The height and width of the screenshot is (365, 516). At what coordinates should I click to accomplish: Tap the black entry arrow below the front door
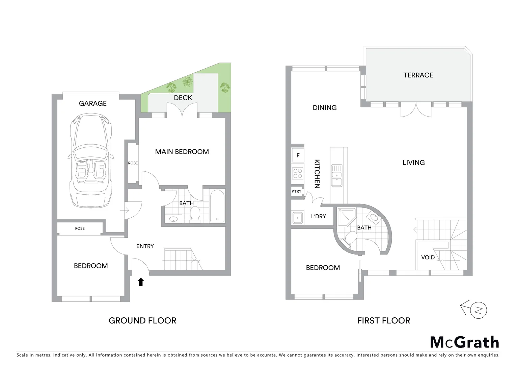(x=141, y=282)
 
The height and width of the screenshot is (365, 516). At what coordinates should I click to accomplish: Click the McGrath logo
(x=464, y=342)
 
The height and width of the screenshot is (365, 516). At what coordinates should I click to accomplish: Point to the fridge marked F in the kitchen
(x=298, y=155)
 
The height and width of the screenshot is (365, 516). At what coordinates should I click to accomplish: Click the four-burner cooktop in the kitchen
(x=298, y=173)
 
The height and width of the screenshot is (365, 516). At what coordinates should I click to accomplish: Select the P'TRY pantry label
(x=296, y=191)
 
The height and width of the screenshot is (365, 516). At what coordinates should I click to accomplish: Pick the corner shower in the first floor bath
(x=345, y=217)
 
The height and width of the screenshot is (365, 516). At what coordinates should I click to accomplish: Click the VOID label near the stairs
(x=428, y=258)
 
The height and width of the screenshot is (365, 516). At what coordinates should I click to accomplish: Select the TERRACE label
(x=418, y=75)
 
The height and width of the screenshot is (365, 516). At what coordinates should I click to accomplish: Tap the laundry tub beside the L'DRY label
(x=297, y=218)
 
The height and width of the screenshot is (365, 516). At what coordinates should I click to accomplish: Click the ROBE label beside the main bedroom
(x=133, y=163)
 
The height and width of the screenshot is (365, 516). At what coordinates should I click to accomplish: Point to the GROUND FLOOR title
(x=142, y=320)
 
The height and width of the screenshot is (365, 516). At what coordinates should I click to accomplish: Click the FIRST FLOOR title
(x=384, y=320)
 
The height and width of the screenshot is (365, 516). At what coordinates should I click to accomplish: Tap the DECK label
(x=183, y=98)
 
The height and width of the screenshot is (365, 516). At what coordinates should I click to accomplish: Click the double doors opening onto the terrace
(x=416, y=109)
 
